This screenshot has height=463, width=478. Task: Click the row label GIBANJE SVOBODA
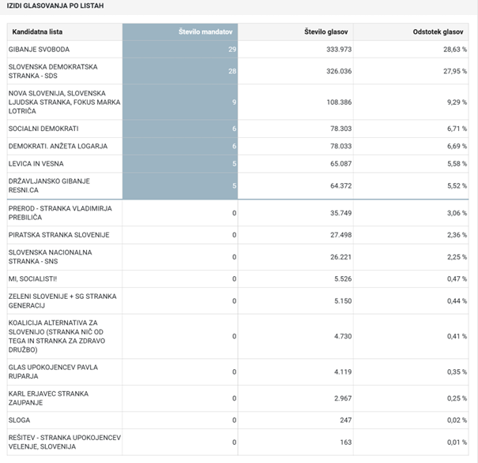pyautogui.click(x=39, y=50)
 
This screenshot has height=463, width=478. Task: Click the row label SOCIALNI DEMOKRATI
pyautogui.click(x=43, y=129)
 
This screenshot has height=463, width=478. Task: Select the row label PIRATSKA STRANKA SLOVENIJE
pyautogui.click(x=58, y=235)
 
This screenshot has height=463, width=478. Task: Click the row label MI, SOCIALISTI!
pyautogui.click(x=33, y=279)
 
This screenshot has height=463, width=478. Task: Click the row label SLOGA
pyautogui.click(x=20, y=420)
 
